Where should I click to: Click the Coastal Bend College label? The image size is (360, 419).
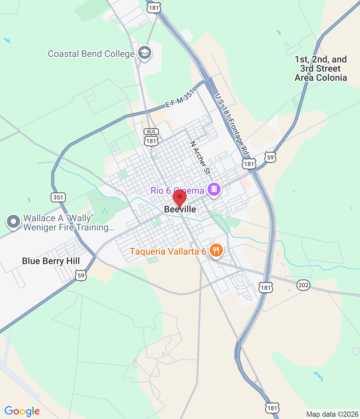(91, 54)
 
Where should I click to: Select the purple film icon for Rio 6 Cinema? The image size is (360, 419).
(214, 189)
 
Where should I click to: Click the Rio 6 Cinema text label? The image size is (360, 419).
(177, 191)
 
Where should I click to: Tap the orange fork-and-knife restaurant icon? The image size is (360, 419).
(216, 250)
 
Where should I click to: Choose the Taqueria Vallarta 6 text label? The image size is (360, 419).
(168, 251)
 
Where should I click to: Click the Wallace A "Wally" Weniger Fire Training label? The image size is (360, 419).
(69, 223)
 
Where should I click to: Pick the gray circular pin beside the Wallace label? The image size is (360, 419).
(13, 221)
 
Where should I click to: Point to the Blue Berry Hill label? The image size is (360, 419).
(51, 261)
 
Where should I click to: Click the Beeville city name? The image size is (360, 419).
(180, 209)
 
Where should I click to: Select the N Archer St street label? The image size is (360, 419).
(200, 158)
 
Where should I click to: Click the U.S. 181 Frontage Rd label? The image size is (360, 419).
(232, 124)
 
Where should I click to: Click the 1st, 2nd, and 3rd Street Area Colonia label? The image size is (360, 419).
(321, 68)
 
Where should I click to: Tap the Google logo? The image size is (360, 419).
(22, 411)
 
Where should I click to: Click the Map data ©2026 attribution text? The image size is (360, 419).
(332, 414)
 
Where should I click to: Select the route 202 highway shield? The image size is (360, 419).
(303, 285)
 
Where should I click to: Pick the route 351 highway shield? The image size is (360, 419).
(58, 197)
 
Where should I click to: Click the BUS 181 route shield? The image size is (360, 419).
(151, 137)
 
